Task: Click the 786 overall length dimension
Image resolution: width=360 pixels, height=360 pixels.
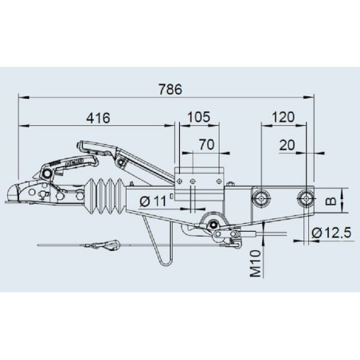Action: click(x=170, y=89)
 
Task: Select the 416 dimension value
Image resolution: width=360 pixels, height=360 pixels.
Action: click(x=98, y=118)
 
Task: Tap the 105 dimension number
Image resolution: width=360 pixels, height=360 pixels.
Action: click(x=198, y=117)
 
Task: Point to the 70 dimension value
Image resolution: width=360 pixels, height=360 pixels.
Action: click(x=206, y=145)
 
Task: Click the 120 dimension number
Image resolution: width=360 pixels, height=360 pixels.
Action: click(x=283, y=117)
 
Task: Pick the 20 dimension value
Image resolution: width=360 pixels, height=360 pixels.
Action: click(x=287, y=145)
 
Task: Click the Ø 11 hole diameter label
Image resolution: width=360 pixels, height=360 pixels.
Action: click(x=153, y=202)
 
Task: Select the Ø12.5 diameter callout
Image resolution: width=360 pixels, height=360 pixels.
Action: click(x=331, y=233)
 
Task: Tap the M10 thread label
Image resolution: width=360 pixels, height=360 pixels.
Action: click(x=256, y=264)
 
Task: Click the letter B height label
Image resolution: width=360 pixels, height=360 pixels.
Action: click(x=331, y=201)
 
